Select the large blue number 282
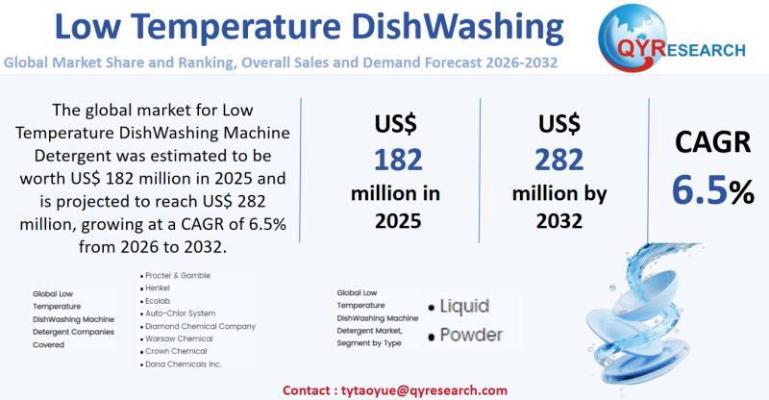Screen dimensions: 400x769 [x=558, y=160]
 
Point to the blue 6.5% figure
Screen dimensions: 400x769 [x=712, y=190]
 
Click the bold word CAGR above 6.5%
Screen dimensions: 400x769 [x=712, y=143]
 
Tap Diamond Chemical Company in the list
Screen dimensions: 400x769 [x=200, y=326]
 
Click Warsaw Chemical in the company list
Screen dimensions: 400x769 [x=179, y=339]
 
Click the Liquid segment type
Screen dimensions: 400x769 [x=464, y=307]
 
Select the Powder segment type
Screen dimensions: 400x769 [x=471, y=335]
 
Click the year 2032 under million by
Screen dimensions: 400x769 [x=558, y=220]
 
